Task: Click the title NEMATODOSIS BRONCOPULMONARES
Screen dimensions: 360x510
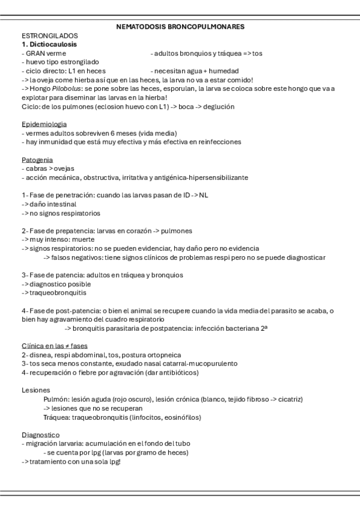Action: point(180,27)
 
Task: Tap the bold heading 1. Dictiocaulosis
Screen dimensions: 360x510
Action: point(49,45)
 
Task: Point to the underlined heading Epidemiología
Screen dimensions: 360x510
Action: point(44,124)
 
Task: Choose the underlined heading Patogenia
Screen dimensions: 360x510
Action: point(37,160)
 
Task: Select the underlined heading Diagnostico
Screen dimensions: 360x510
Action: point(40,434)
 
